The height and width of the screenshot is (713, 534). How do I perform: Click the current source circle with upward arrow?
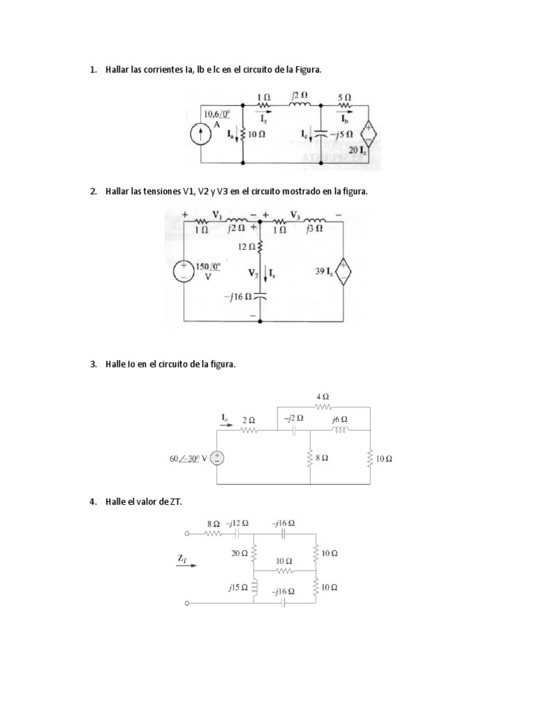click(202, 136)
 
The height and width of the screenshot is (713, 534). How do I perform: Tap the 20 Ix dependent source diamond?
click(369, 135)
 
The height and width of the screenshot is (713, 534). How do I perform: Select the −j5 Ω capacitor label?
click(341, 133)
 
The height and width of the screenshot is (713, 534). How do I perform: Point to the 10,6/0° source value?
click(217, 113)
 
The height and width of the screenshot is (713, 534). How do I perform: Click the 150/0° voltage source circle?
click(184, 272)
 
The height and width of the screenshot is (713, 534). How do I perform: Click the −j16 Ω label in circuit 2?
click(236, 297)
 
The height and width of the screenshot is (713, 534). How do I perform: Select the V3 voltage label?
click(296, 214)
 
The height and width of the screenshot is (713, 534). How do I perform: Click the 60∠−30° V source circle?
click(218, 457)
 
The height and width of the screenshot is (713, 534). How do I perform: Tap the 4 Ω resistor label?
click(323, 396)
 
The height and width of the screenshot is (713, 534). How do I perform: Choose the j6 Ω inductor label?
click(340, 419)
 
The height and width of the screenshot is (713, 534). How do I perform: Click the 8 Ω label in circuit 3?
click(323, 458)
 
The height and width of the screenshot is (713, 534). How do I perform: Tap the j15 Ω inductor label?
click(237, 588)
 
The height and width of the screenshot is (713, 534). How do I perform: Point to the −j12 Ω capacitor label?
click(238, 522)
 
